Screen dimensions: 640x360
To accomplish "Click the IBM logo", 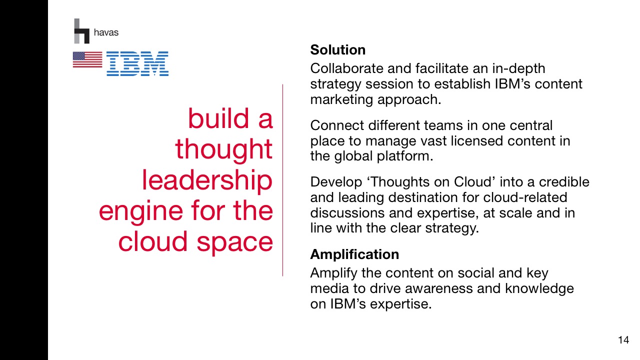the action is coord(137,63).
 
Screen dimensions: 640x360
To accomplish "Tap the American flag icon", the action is coord(87,59).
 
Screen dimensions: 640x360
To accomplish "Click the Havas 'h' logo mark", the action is coord(81,31).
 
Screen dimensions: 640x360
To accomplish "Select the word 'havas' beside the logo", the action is coord(106,32).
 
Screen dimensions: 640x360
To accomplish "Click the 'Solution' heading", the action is coord(337,50).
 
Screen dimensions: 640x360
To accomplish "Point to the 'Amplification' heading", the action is coord(354,254).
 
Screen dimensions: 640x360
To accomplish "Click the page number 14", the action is coord(623,340).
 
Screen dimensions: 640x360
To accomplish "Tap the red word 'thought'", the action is coord(223,149).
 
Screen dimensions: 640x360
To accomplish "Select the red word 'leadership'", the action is coord(207,180).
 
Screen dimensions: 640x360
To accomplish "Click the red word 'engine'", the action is coord(141,212).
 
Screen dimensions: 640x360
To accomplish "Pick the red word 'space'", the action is coord(234,242).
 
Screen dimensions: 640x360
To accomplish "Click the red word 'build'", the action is coord(218,118).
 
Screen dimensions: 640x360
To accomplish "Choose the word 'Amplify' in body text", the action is coord(333,273).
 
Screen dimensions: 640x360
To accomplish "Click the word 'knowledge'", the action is coord(539,289).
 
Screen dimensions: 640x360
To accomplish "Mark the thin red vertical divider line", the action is coord(282,180).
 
